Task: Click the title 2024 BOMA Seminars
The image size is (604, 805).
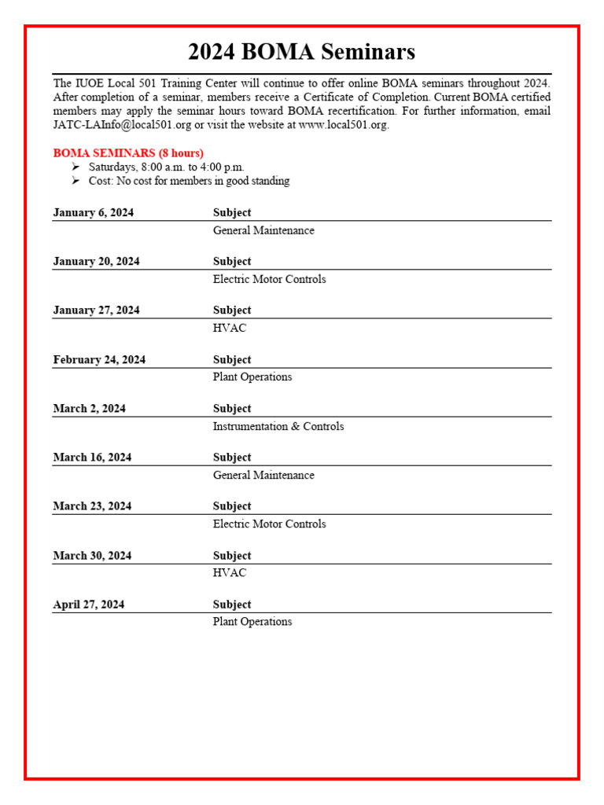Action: pyautogui.click(x=301, y=53)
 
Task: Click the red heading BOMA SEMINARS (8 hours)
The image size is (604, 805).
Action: pyautogui.click(x=128, y=153)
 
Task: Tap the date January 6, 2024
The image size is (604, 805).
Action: pyautogui.click(x=93, y=212)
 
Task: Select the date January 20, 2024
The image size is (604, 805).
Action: pyautogui.click(x=96, y=261)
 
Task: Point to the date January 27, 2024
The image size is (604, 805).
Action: pyautogui.click(x=96, y=310)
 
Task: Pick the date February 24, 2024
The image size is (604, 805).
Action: pyautogui.click(x=99, y=359)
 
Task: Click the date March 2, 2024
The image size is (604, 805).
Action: pyautogui.click(x=89, y=408)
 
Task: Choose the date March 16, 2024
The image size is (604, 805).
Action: pyautogui.click(x=92, y=457)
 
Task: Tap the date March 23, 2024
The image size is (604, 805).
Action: pyautogui.click(x=92, y=505)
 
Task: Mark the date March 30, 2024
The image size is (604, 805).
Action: pyautogui.click(x=92, y=555)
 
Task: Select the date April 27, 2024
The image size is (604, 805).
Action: pyautogui.click(x=88, y=604)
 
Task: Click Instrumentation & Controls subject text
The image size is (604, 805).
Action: pyautogui.click(x=278, y=426)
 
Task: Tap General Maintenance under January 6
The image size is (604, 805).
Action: pyautogui.click(x=263, y=230)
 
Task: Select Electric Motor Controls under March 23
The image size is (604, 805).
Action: pyautogui.click(x=269, y=524)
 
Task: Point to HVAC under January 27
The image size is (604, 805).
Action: pyautogui.click(x=230, y=328)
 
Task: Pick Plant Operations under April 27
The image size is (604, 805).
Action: pyautogui.click(x=252, y=621)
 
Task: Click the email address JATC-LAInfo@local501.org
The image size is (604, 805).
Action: pyautogui.click(x=122, y=125)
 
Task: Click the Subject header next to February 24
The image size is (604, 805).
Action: pyautogui.click(x=232, y=359)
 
